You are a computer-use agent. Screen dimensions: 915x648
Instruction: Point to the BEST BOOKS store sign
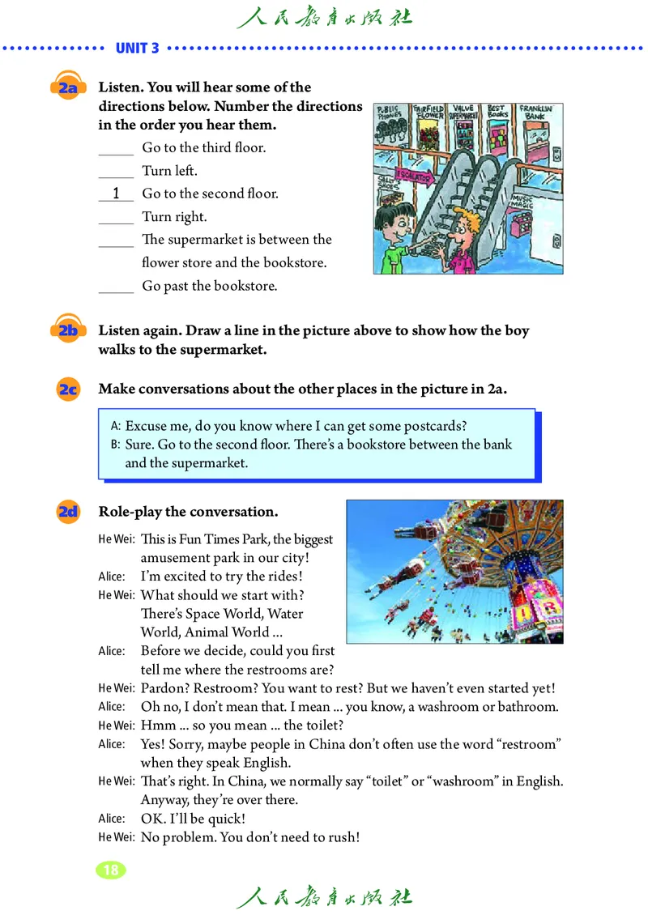pos(497,113)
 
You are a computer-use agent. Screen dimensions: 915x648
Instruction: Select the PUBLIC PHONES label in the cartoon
pos(392,114)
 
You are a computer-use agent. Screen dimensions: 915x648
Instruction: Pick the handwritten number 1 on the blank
pos(117,194)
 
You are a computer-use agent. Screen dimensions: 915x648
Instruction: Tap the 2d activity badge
pos(68,512)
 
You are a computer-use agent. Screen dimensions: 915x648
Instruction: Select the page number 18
pos(111,870)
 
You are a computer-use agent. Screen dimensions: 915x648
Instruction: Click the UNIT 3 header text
pos(138,48)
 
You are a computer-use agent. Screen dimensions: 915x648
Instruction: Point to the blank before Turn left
pos(116,172)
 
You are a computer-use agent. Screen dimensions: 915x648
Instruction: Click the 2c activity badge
pos(68,389)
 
